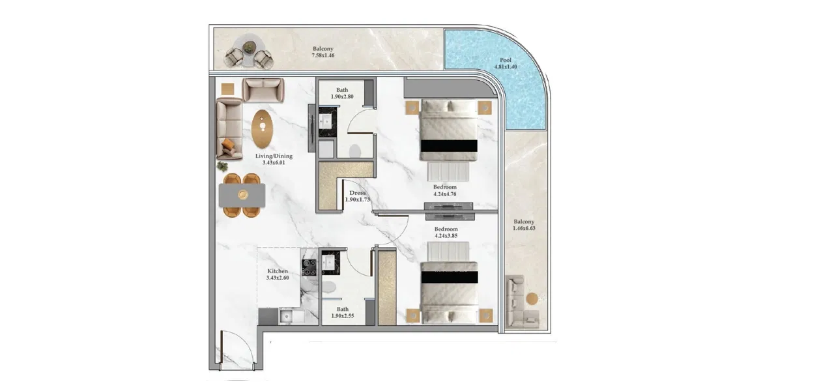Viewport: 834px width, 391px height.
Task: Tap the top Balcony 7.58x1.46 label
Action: (323, 52)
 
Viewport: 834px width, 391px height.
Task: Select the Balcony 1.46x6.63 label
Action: (523, 225)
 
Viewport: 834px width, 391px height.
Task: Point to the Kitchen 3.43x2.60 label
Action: (278, 274)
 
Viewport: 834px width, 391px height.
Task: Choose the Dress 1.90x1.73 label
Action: (358, 196)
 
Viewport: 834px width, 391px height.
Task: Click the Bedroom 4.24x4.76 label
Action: (445, 190)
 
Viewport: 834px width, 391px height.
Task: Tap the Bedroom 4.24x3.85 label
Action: (446, 233)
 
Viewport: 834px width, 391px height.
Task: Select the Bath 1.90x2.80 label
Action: (342, 93)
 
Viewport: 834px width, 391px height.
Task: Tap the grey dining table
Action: (242, 194)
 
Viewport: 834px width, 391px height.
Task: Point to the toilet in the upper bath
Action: (355, 151)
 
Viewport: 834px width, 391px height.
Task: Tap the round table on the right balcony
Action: (532, 298)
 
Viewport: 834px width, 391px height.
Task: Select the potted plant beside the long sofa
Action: (223, 166)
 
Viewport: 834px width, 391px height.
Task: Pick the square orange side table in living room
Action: (227, 89)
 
